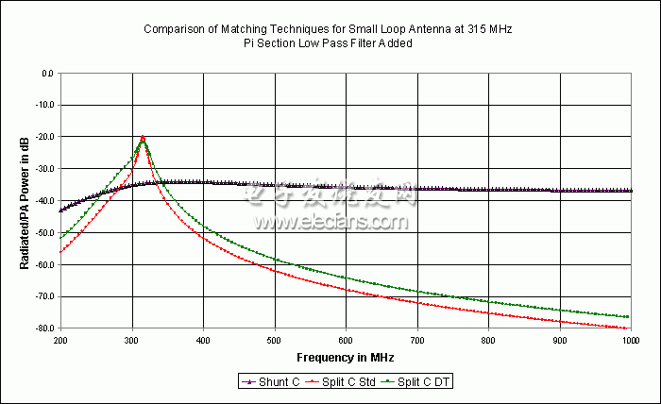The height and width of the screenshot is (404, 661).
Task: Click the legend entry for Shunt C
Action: tap(273, 381)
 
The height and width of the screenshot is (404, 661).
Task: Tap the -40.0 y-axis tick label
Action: tap(42, 201)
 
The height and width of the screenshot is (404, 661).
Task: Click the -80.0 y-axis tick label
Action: tap(42, 328)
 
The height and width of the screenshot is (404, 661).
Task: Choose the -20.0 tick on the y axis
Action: tap(42, 137)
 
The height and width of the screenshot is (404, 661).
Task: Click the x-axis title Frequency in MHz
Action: tap(346, 358)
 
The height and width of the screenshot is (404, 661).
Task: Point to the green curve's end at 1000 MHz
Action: tap(628, 317)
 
